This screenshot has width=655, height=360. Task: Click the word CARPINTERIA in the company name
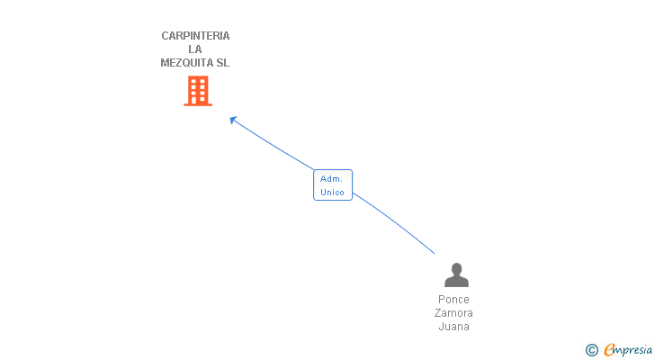[195, 36]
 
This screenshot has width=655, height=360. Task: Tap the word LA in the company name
[195, 49]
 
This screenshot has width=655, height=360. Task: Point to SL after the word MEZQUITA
[222, 63]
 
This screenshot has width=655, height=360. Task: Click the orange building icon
[198, 91]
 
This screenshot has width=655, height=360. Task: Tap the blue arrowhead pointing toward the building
[233, 120]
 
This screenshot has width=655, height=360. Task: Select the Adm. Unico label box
[333, 185]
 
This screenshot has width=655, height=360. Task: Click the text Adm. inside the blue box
[332, 179]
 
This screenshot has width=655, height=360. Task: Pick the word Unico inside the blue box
[333, 192]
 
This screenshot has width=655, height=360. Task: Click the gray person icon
[456, 275]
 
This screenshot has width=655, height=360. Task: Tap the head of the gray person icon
[456, 269]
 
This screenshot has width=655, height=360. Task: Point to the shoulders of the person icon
[456, 283]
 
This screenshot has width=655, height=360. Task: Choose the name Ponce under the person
[454, 300]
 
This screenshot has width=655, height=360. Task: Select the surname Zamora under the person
[454, 313]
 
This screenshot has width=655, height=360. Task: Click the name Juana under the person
[454, 327]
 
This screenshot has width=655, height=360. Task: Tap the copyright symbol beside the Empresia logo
[591, 350]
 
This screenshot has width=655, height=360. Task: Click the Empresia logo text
[629, 350]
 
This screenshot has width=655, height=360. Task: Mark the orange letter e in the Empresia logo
[609, 350]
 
